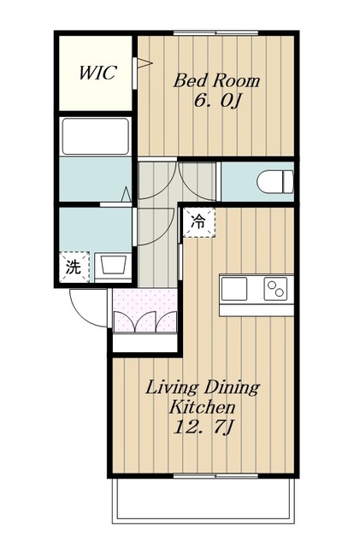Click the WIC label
(x=97, y=73)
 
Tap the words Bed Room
(x=216, y=81)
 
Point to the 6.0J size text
(x=218, y=101)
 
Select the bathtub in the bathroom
(x=95, y=137)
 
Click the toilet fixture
(x=275, y=181)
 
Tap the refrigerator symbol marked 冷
(x=198, y=222)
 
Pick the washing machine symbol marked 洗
(x=74, y=268)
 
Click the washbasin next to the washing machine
(x=113, y=266)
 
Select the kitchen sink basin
(x=234, y=289)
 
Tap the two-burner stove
(x=276, y=289)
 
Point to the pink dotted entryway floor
(x=145, y=309)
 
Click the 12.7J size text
(x=203, y=427)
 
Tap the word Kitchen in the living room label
(x=202, y=407)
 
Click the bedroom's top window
(x=215, y=33)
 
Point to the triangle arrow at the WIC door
(x=145, y=63)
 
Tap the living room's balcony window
(x=215, y=476)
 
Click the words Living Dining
(x=203, y=388)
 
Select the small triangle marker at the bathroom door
(x=126, y=194)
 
